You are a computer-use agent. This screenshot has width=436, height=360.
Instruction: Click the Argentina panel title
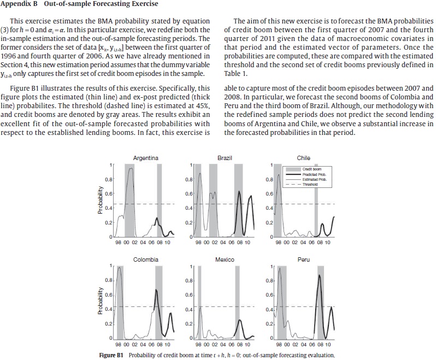[x=145, y=158]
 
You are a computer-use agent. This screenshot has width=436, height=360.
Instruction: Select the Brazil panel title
[x=225, y=158]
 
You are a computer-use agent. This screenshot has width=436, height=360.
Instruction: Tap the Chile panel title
[x=303, y=158]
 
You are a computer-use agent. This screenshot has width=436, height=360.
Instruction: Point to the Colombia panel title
[x=145, y=259]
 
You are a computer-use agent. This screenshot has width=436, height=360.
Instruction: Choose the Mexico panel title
[x=225, y=259]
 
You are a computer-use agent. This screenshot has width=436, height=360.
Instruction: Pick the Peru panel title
[x=303, y=259]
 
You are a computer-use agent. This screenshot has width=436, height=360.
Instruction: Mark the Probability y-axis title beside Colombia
[x=100, y=302]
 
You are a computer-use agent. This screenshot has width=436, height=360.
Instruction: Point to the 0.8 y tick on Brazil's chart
[x=187, y=179]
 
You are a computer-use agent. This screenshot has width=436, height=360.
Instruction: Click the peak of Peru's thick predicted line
[x=320, y=275]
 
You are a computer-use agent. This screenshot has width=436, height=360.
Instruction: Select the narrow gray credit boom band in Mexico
[x=200, y=302]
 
